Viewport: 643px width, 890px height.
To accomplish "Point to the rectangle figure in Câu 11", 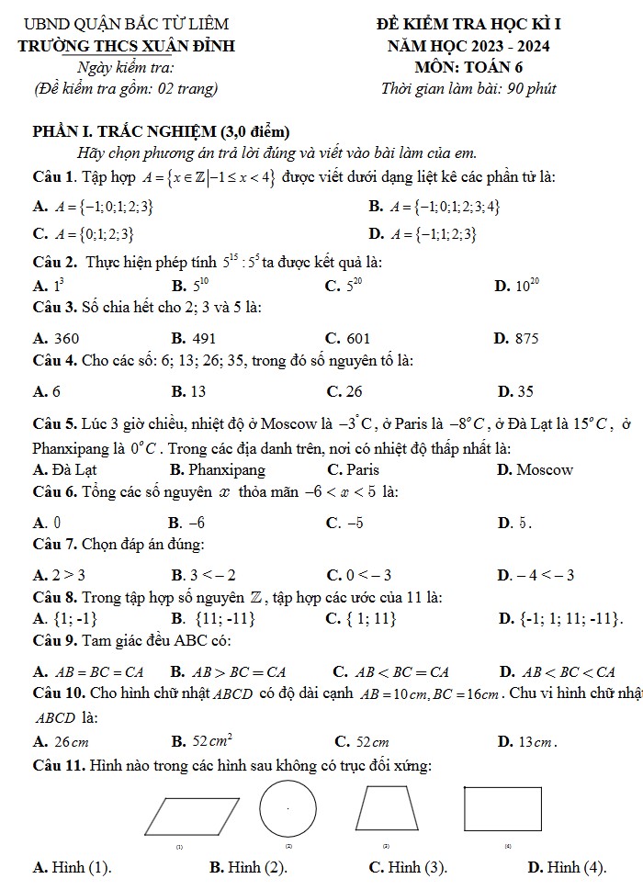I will pos(502,811).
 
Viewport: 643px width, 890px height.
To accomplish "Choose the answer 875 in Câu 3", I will pos(525,338).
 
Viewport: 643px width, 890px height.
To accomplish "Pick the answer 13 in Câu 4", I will pos(197,391).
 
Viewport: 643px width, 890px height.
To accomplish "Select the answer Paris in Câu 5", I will pos(363,470).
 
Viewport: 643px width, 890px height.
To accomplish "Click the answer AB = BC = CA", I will pos(96,671).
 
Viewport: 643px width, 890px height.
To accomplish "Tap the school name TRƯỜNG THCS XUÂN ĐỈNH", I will pos(131,45).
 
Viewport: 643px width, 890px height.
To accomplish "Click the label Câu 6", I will pos(52,491).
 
